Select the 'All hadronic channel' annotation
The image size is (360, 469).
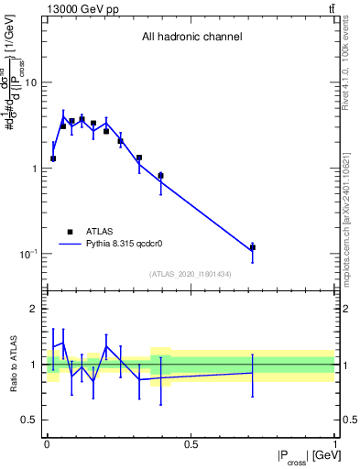click(191, 38)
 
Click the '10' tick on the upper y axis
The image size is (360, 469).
click(30, 82)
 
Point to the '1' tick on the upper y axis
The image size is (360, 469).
click(34, 169)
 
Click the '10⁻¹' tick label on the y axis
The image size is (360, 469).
click(27, 254)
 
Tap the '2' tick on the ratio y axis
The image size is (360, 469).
click(34, 309)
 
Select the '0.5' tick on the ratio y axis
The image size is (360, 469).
click(28, 420)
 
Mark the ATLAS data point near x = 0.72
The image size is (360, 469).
click(253, 247)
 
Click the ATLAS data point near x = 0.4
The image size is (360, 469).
click(160, 176)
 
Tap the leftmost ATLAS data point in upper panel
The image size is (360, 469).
click(53, 158)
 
